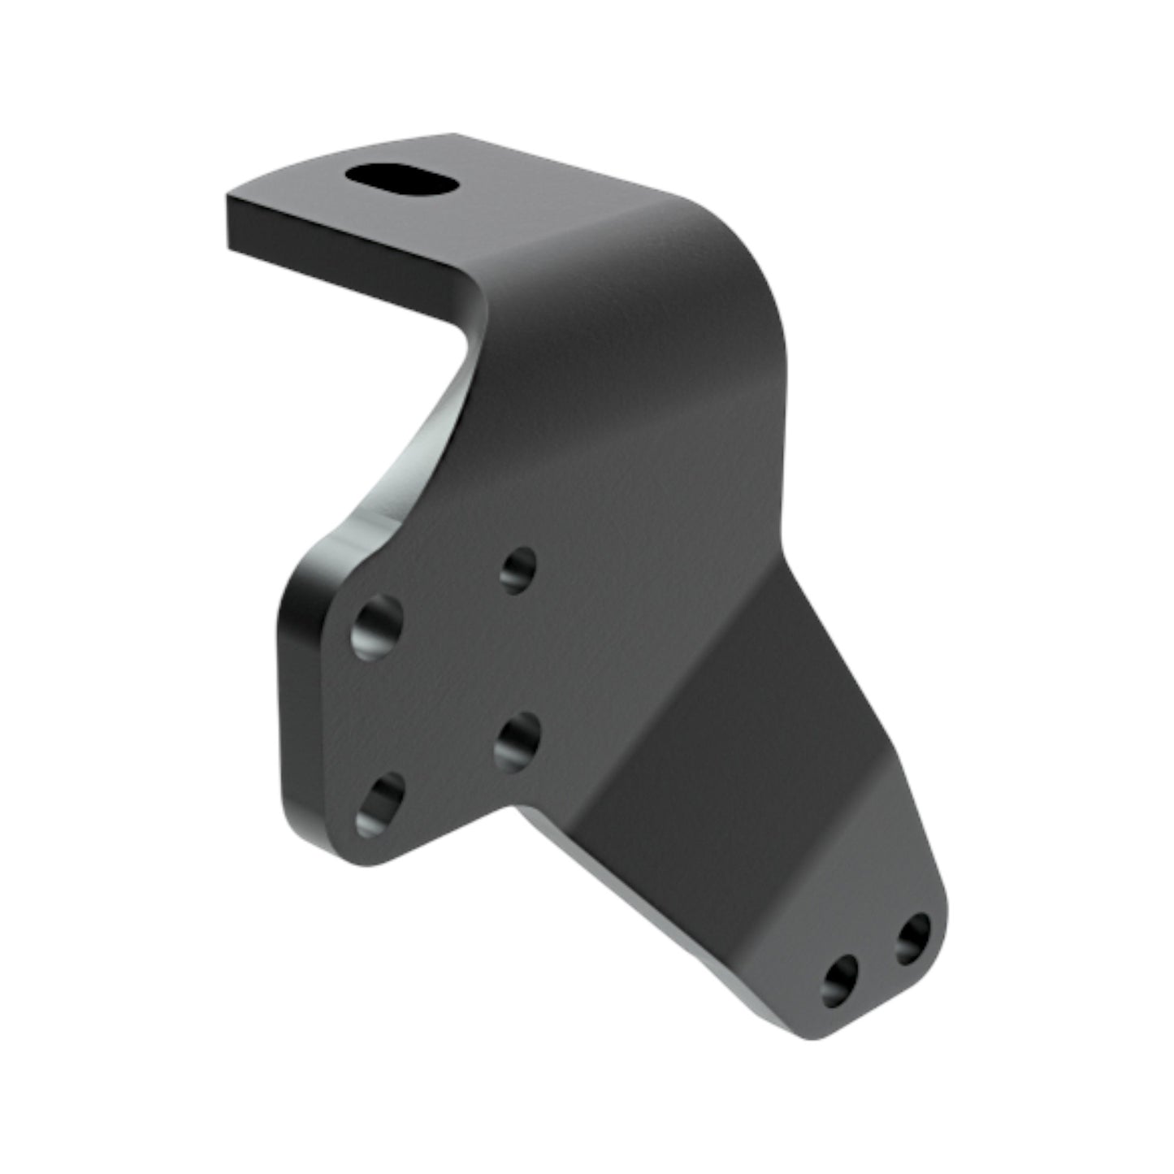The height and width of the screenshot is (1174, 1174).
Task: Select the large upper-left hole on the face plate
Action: point(378,626)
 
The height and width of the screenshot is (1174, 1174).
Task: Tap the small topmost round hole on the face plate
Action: point(518,569)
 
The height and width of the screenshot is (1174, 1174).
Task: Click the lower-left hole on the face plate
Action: point(380,804)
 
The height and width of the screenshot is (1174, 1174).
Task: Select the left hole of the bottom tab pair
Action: point(840,979)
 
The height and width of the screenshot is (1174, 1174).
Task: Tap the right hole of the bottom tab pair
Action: point(913,938)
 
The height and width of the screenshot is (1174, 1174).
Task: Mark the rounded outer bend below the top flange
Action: point(731,268)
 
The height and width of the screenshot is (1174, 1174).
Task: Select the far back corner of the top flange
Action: point(455,135)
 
